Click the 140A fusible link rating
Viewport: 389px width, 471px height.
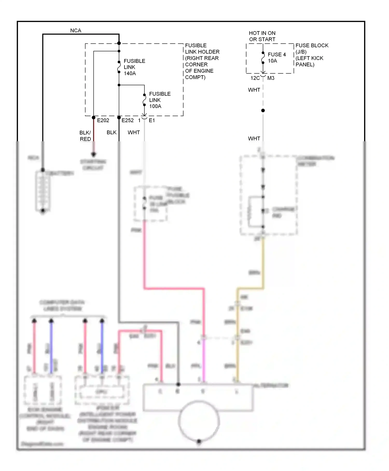[130, 73]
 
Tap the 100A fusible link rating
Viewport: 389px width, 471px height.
[155, 106]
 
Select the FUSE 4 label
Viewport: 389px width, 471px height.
[276, 55]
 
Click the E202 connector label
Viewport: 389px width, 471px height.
[103, 120]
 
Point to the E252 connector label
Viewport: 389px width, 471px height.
[128, 120]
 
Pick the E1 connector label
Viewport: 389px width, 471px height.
[152, 120]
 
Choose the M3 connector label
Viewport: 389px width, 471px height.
[271, 78]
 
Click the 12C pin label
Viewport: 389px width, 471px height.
[255, 78]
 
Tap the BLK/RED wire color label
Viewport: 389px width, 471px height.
[85, 136]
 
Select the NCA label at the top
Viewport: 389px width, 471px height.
[76, 31]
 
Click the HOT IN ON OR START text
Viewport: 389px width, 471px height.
[262, 36]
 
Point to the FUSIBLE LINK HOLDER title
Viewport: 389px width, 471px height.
[202, 49]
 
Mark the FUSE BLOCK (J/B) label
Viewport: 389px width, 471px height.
[312, 49]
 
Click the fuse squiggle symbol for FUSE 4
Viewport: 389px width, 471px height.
[263, 58]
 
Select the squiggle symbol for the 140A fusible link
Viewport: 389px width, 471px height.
[119, 67]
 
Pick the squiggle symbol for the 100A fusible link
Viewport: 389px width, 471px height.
[144, 100]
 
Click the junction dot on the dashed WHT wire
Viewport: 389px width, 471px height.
[263, 111]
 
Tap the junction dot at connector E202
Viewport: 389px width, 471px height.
[94, 118]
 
